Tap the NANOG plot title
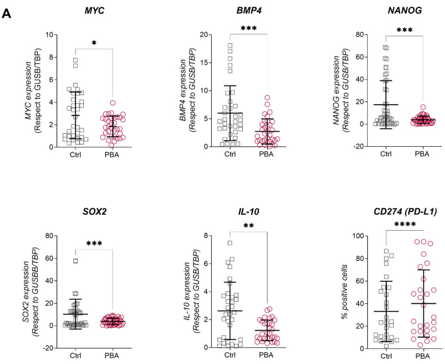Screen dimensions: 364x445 coord(400,12)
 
